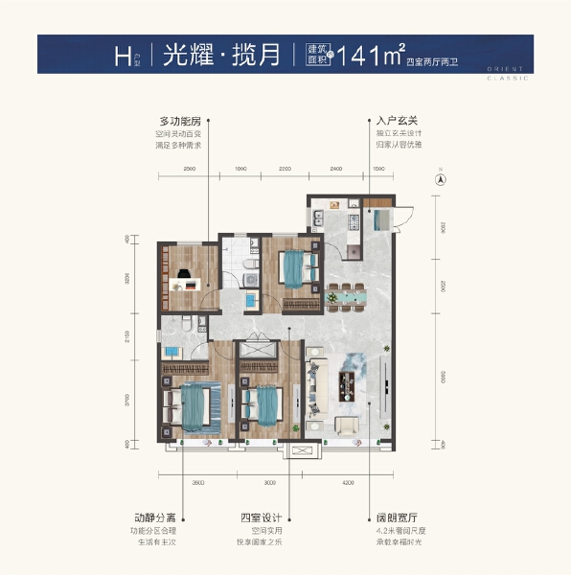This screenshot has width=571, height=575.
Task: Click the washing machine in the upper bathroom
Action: click(x=252, y=279)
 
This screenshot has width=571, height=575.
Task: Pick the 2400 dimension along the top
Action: click(x=335, y=169)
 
